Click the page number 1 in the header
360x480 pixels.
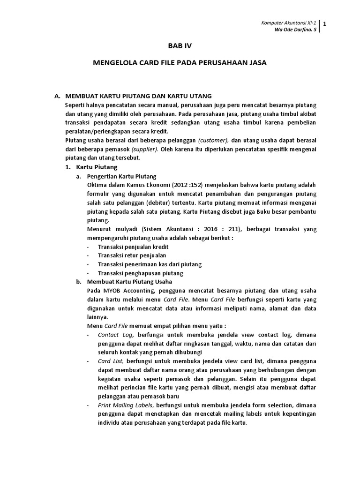point(325,24)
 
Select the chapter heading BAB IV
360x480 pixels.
point(180,46)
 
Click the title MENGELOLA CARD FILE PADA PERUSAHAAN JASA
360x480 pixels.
point(180,62)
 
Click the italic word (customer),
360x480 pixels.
point(213,140)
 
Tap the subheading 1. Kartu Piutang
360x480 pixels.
point(90,167)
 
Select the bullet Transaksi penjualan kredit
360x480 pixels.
point(133,247)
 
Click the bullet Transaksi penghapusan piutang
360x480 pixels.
point(140,273)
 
